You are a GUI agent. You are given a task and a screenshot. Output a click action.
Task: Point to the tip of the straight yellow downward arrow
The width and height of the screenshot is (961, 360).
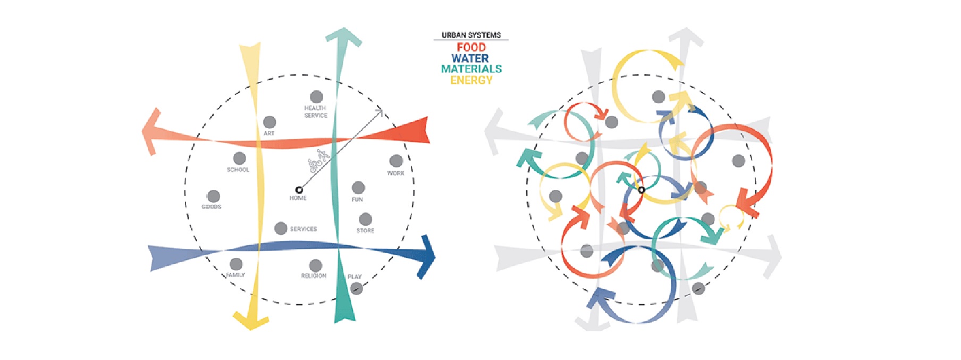tap(251, 330)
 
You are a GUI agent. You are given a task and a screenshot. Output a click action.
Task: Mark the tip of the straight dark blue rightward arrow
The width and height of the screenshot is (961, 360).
tap(435, 257)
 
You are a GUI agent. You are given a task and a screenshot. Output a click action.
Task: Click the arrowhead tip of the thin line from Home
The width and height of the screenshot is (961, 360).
tap(383, 109)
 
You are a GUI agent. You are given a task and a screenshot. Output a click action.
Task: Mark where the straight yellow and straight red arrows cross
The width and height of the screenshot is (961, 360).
tap(259, 143)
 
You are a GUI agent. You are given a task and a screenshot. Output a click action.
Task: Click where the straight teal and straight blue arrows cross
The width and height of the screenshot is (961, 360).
tap(337, 247)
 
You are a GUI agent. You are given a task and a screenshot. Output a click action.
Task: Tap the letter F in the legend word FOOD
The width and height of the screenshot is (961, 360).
tap(460, 47)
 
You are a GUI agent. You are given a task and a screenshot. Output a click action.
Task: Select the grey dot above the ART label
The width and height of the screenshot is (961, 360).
tap(269, 122)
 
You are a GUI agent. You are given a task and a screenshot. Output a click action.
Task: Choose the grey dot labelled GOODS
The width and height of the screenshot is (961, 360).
tap(213, 196)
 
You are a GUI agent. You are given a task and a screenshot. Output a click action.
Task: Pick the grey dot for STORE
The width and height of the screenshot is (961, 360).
tap(365, 219)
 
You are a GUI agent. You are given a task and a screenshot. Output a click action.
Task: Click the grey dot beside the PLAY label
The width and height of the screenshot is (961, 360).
tap(357, 289)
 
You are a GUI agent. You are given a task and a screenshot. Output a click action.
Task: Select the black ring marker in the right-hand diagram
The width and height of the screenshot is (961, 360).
tap(642, 190)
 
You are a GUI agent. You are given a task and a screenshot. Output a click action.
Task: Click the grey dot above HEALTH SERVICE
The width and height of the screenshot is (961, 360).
tap(316, 97)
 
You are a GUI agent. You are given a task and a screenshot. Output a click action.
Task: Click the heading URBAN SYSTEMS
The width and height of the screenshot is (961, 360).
tap(471, 35)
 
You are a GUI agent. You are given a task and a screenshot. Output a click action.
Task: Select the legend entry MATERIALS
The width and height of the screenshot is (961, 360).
tap(471, 69)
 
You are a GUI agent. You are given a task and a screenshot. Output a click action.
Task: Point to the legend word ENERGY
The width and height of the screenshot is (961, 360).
tap(471, 80)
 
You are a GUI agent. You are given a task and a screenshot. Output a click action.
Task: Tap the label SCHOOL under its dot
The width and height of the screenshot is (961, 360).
tap(238, 170)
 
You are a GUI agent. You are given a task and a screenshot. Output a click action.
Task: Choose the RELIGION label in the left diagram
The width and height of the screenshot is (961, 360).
tap(314, 276)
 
